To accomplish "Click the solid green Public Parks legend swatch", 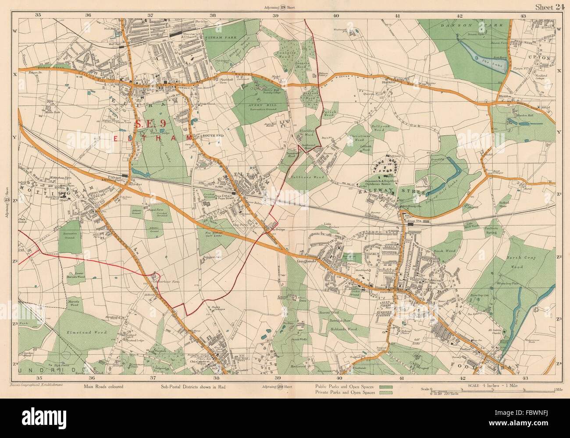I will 386,387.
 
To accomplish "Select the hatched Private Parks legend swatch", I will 386,393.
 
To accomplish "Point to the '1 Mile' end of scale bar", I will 557,389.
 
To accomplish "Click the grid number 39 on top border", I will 275,15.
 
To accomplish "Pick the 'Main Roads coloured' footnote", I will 102,387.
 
